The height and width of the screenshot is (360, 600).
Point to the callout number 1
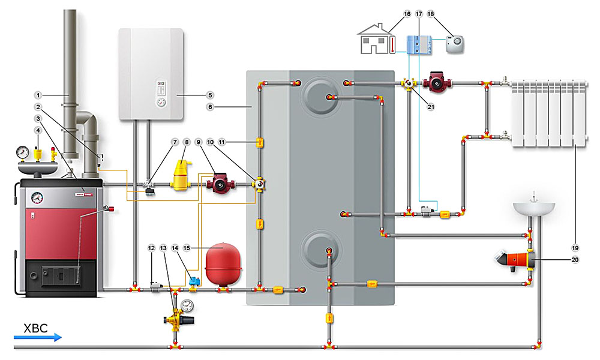click(x=37, y=95)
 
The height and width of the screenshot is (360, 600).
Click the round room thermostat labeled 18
click(x=454, y=42)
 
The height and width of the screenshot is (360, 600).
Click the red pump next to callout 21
click(x=435, y=82)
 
